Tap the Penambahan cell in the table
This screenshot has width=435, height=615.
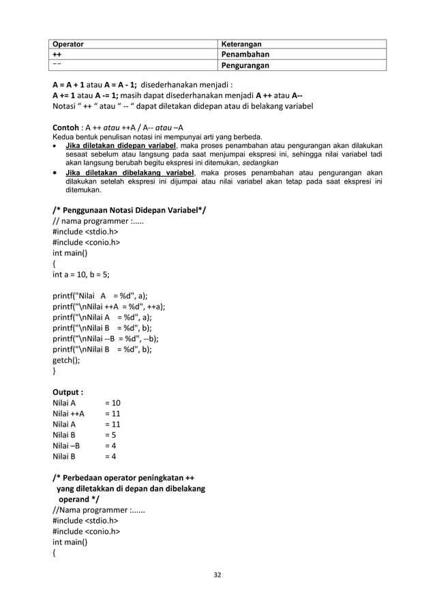[x=244, y=55]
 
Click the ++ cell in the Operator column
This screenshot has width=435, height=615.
[x=59, y=55]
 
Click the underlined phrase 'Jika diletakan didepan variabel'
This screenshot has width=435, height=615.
[x=121, y=145]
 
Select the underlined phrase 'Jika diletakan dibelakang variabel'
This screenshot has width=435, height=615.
[x=127, y=172]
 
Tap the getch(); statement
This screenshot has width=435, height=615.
[x=68, y=359]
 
